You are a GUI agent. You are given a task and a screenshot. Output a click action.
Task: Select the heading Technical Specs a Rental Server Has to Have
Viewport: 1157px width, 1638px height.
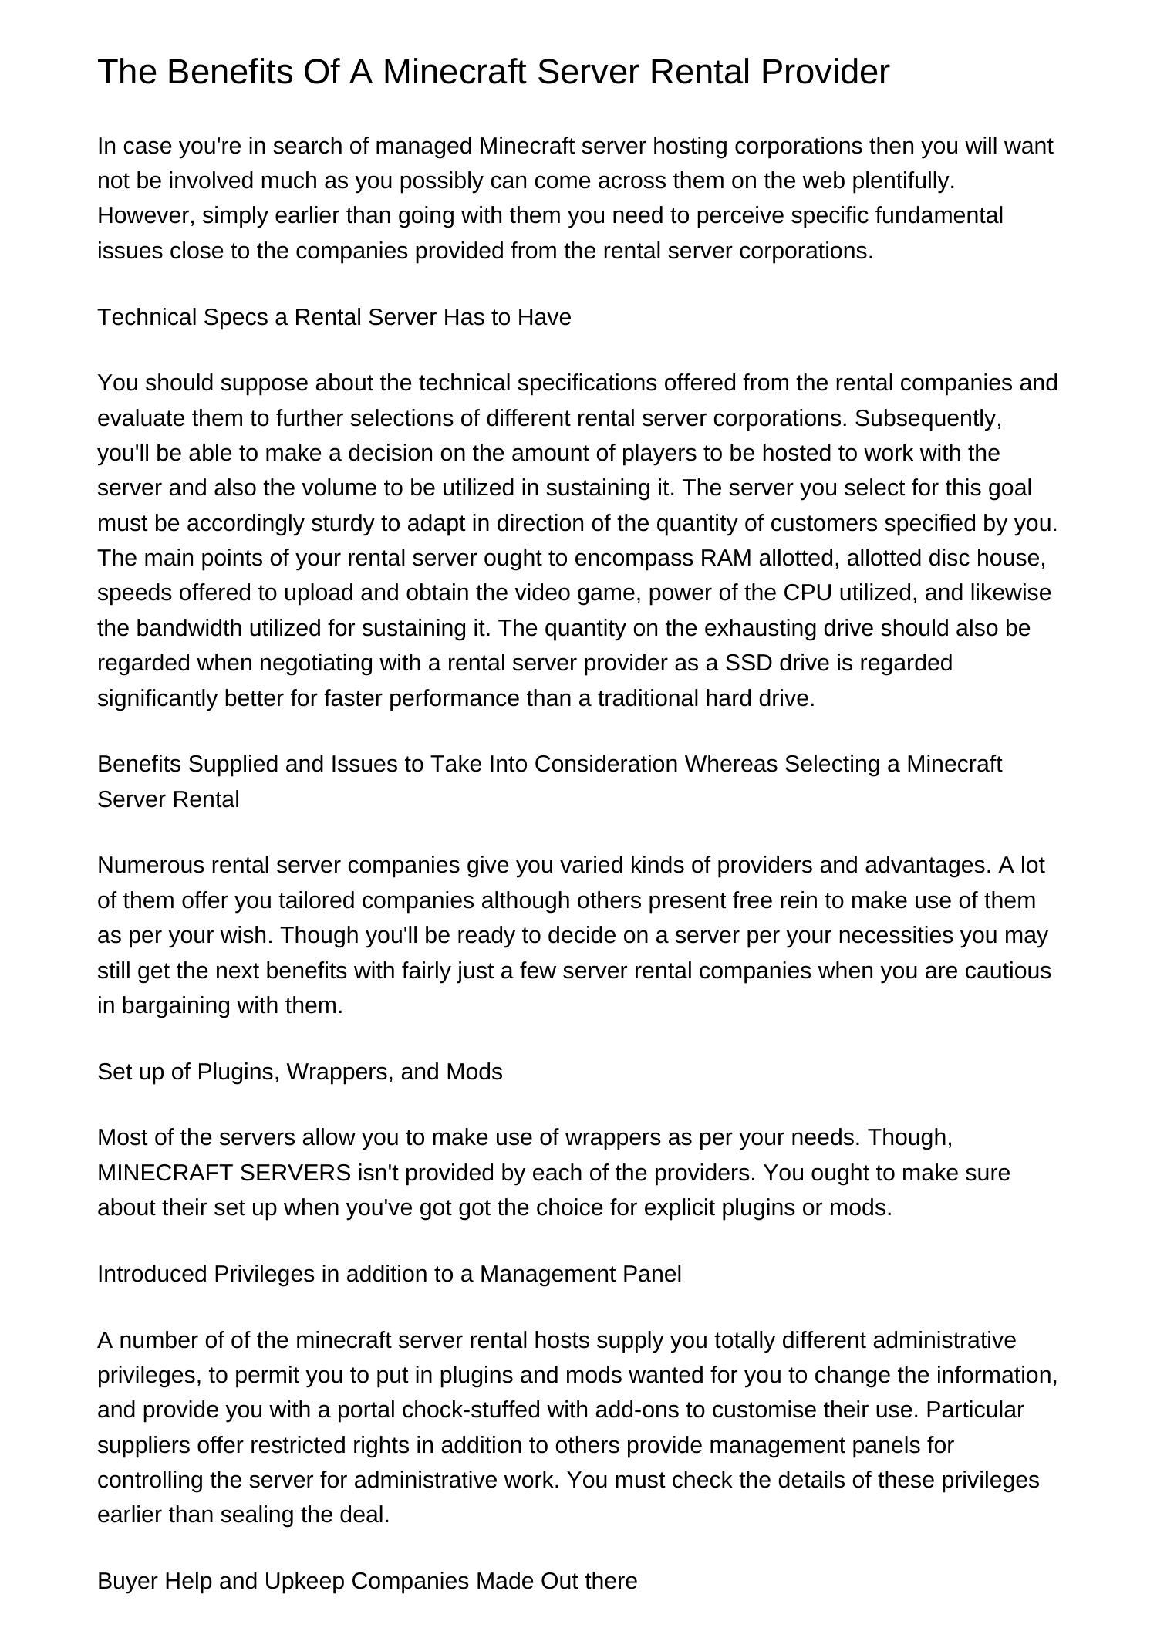(x=334, y=317)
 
